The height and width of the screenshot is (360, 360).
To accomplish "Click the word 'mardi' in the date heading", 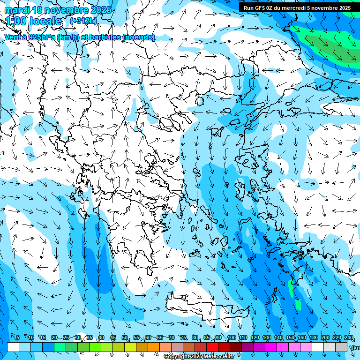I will point(16,10).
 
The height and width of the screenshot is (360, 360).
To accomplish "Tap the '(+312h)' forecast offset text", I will point(83,21).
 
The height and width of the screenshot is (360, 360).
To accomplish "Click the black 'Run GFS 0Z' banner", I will point(297,7).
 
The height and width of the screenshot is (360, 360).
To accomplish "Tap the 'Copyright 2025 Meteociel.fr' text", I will point(199,357).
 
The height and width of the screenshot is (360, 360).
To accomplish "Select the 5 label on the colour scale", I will point(18,337).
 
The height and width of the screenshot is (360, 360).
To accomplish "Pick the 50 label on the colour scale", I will point(125,337).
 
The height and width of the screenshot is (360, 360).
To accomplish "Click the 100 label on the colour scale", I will point(231,337).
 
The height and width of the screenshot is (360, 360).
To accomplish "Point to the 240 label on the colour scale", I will point(348,337).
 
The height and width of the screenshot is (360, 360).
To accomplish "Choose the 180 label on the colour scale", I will point(313,337).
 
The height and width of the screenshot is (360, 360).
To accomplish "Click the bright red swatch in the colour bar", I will point(212,347).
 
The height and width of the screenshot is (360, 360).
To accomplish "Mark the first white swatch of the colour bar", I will point(13,347).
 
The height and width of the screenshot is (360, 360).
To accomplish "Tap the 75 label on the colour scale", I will point(183,337).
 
